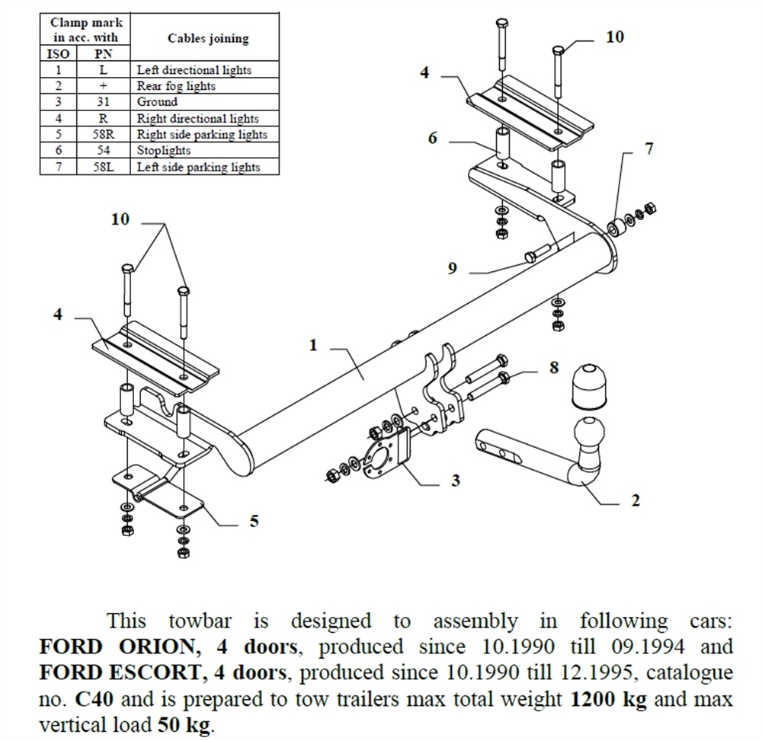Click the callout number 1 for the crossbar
tap(312, 345)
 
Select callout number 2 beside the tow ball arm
tap(636, 500)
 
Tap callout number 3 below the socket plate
tap(455, 481)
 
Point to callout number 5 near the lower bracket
tap(254, 521)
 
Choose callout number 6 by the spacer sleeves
tap(433, 138)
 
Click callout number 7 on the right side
tap(648, 149)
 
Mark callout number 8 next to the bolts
tap(553, 369)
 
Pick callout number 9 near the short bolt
tap(452, 269)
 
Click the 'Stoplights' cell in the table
tap(164, 151)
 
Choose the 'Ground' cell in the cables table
tap(157, 102)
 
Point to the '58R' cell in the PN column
tap(103, 135)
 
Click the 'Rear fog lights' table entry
tap(176, 86)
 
